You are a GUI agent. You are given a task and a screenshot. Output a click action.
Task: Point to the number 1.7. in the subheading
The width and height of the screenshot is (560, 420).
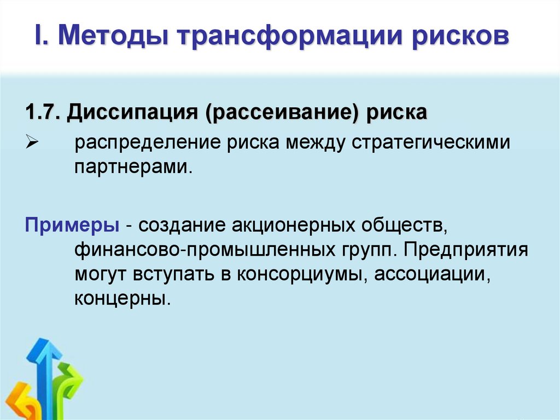pos(43,113)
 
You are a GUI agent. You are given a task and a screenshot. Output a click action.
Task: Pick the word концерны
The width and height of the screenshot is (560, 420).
pos(120,298)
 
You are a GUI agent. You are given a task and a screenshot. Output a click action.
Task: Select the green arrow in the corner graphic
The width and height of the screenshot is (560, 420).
pos(68,383)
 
